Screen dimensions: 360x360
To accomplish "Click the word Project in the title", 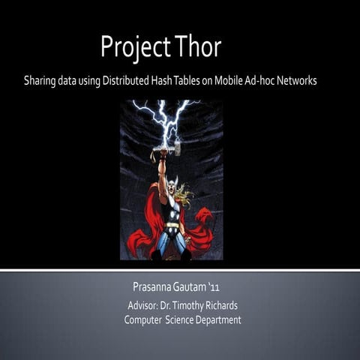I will (x=133, y=47).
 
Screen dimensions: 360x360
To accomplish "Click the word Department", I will (x=218, y=320).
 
